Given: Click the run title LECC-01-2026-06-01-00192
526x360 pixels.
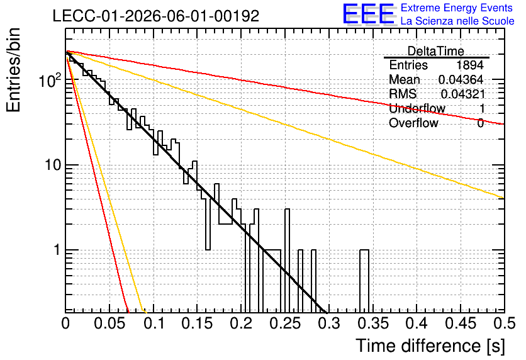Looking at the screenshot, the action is click(x=156, y=16).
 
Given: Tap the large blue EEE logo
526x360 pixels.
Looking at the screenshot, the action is click(x=369, y=14).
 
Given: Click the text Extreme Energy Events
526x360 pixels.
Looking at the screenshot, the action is click(x=457, y=8).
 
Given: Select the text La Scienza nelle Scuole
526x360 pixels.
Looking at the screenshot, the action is click(x=457, y=21).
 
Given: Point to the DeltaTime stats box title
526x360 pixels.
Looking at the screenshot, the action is click(x=436, y=51).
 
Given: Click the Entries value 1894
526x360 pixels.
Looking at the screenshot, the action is click(x=469, y=65).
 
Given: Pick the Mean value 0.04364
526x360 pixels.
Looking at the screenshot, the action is click(x=461, y=79).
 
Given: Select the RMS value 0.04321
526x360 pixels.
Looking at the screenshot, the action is click(x=463, y=94).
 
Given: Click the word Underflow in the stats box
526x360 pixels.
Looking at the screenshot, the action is click(x=417, y=108).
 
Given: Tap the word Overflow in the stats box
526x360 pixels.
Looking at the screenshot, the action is click(x=413, y=123).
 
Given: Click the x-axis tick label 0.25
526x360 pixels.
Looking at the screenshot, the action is click(x=285, y=323).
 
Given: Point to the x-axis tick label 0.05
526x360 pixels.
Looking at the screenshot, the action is click(x=109, y=323).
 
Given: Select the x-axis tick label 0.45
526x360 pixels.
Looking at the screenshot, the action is click(x=461, y=323).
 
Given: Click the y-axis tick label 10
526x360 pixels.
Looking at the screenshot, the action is click(x=53, y=165).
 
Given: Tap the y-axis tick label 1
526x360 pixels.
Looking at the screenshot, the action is click(x=57, y=250).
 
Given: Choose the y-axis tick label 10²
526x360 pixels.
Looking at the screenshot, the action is click(x=50, y=80).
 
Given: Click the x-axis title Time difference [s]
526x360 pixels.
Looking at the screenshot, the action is click(x=430, y=346).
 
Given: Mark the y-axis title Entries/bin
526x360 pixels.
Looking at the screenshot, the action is click(x=13, y=70).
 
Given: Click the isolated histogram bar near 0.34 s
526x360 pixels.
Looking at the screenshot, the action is click(x=364, y=281).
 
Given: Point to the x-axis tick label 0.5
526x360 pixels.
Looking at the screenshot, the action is click(x=505, y=323).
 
